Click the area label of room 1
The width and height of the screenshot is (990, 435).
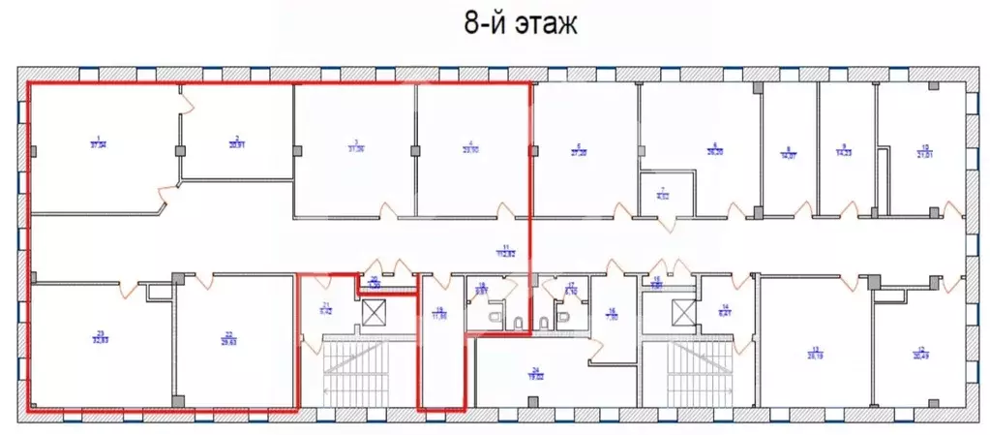coord(98,145)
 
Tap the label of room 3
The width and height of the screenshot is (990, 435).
coord(356,146)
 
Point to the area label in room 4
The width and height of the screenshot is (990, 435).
coord(469,146)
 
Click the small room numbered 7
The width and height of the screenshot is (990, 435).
coord(664,192)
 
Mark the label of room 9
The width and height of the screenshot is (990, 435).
coord(843,150)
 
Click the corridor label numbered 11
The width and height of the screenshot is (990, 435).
coord(504,250)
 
